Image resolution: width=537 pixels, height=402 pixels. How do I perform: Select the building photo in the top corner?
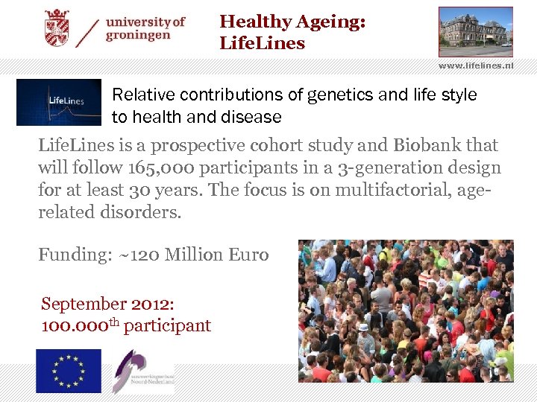(x=475, y=31)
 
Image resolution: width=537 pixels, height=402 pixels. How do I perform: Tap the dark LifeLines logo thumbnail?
(x=58, y=102)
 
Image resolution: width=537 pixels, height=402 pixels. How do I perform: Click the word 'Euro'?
(x=248, y=255)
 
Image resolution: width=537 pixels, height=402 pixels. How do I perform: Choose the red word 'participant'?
(x=167, y=325)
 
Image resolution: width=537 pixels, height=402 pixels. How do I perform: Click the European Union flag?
(x=69, y=371)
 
